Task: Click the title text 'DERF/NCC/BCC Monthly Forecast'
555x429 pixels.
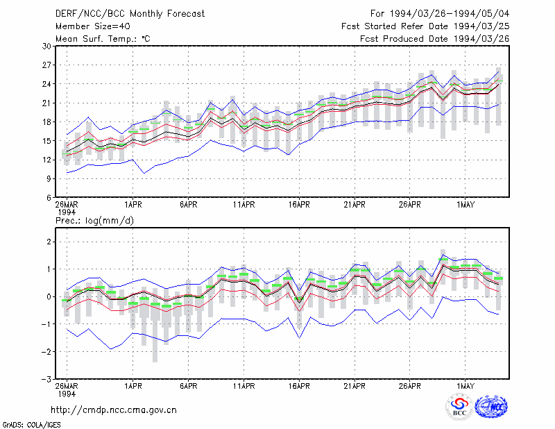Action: pyautogui.click(x=130, y=14)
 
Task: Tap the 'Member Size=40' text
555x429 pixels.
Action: pyautogui.click(x=93, y=26)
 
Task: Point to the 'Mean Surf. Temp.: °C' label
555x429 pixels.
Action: pyautogui.click(x=103, y=39)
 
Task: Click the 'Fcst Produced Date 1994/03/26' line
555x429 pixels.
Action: pyautogui.click(x=435, y=39)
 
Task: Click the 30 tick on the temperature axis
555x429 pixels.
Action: pyautogui.click(x=46, y=47)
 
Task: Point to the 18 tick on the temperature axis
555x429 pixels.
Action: pyautogui.click(x=46, y=122)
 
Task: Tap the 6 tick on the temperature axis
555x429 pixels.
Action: pyautogui.click(x=49, y=198)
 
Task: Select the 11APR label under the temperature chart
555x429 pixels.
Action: pyautogui.click(x=244, y=205)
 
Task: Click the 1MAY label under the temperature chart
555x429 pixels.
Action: pyautogui.click(x=465, y=205)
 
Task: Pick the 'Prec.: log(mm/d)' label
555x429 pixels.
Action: pyautogui.click(x=94, y=221)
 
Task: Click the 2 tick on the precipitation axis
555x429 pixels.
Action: pyautogui.click(x=49, y=242)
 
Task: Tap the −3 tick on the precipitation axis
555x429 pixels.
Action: pyautogui.click(x=46, y=379)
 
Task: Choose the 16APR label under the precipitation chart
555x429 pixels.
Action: pyautogui.click(x=299, y=386)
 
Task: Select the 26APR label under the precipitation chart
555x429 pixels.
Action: pyautogui.click(x=409, y=386)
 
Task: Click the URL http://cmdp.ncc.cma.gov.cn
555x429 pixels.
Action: pyautogui.click(x=114, y=410)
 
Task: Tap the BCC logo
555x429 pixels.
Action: pyautogui.click(x=459, y=407)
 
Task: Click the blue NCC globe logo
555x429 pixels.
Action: pyautogui.click(x=491, y=407)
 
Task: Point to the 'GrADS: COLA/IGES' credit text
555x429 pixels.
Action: pyautogui.click(x=31, y=425)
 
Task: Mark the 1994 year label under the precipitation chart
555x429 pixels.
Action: pyautogui.click(x=67, y=394)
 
